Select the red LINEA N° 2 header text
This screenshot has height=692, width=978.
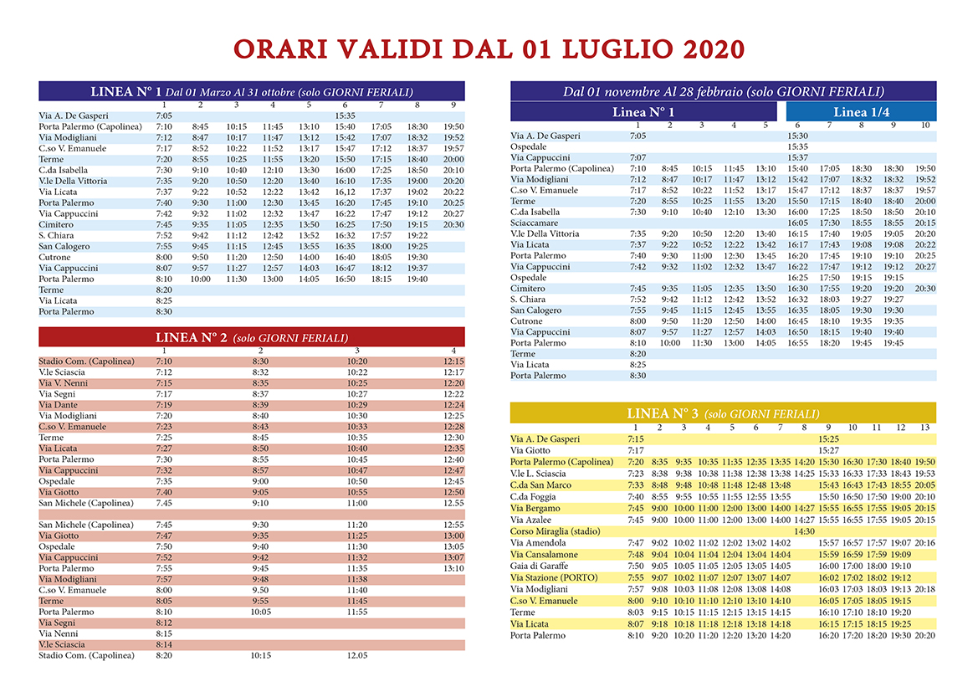(x=191, y=337)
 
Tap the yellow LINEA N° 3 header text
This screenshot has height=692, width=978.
(x=663, y=413)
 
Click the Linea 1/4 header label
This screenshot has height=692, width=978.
(x=861, y=112)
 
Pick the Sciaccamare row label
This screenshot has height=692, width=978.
(x=534, y=223)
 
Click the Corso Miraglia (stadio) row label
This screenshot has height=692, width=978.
(x=556, y=531)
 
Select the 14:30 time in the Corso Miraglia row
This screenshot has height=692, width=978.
(x=804, y=531)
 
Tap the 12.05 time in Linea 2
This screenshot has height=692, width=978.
(x=356, y=656)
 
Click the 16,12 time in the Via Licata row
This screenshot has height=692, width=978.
(x=345, y=192)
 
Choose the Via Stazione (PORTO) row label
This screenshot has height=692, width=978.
(x=554, y=578)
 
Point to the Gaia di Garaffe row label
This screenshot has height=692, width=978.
(x=539, y=566)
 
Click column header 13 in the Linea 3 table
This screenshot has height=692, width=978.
(x=924, y=428)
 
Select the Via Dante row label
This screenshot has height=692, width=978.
(x=58, y=405)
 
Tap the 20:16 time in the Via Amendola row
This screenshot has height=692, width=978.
(x=925, y=543)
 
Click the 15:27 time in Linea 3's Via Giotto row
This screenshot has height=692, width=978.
(x=828, y=450)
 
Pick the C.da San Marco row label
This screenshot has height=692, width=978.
(x=540, y=485)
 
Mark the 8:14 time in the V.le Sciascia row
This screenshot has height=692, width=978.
(x=164, y=644)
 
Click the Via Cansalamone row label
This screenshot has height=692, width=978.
(x=544, y=555)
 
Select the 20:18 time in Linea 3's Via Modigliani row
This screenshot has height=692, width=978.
(x=925, y=589)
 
